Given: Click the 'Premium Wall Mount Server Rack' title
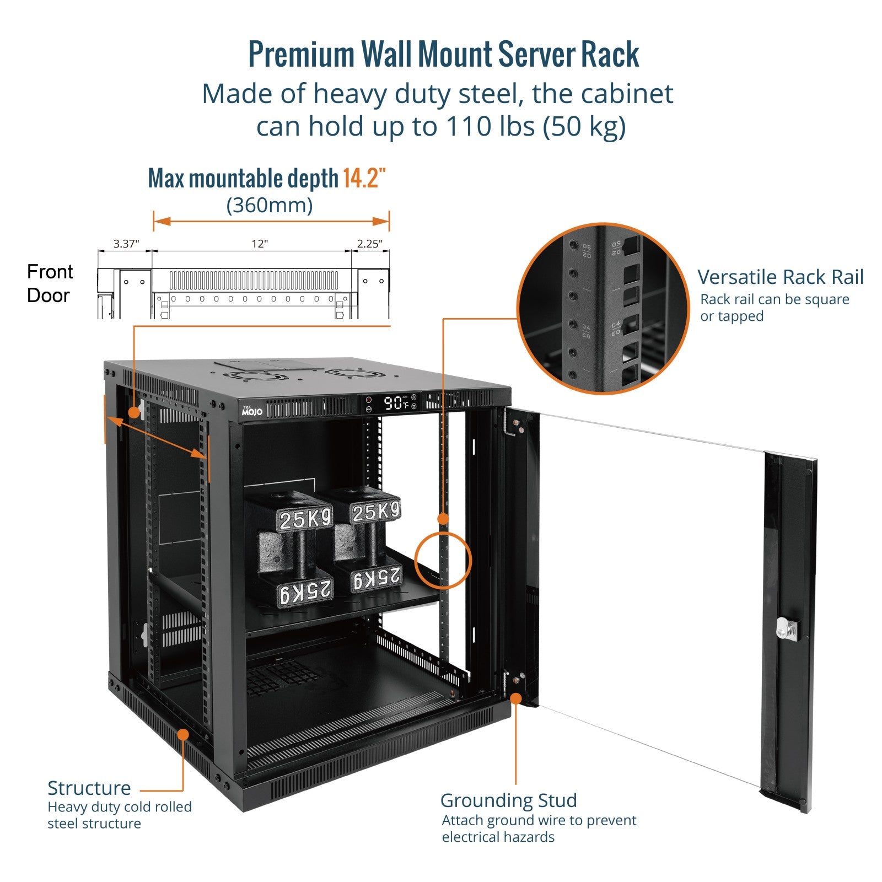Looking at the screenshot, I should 443,55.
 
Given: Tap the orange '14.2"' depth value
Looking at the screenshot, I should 364,179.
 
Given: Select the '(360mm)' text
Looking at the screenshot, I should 270,205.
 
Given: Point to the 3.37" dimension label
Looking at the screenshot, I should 126,244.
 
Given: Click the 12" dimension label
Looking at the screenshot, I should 260,244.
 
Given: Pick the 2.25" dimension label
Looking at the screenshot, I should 369,244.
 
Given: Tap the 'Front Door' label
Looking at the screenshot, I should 50,283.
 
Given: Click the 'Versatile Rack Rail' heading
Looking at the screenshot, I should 780,277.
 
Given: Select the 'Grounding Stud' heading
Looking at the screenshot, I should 508,800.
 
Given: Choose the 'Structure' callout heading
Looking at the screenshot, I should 89,788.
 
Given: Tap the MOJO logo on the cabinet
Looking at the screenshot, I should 252,411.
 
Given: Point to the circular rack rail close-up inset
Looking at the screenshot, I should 603,309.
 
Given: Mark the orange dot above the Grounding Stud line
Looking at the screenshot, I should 516,698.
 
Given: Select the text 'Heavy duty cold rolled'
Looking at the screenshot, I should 120,807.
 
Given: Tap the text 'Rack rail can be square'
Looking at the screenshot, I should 775,299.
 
